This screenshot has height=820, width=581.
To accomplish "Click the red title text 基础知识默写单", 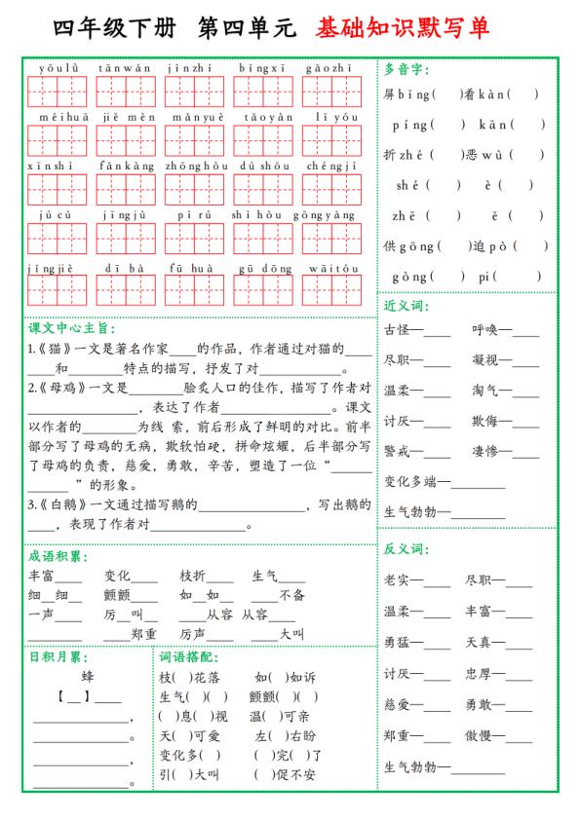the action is coord(402,27).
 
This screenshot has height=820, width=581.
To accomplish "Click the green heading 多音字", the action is coord(407,69).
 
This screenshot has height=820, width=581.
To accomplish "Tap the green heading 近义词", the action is coord(407,305).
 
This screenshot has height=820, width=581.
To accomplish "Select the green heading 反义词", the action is coord(407,549).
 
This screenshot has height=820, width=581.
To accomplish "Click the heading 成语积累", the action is coord(58,556).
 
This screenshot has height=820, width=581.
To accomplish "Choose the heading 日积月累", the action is coord(56,656).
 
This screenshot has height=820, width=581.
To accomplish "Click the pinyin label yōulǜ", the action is coord(58,68).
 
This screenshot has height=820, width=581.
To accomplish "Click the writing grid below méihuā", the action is coord(58,140).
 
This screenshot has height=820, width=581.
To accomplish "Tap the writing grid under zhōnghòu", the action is coord(194,188).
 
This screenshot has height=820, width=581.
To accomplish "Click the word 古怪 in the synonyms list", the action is coord(397,330).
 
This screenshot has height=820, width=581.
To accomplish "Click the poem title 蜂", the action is coord(88,675).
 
